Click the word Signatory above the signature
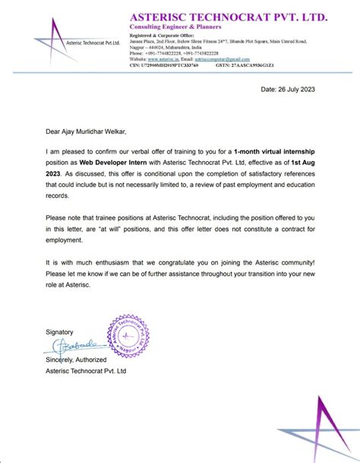[x=60, y=332]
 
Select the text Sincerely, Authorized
[x=82, y=359]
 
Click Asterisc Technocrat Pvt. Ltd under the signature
[x=86, y=370]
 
